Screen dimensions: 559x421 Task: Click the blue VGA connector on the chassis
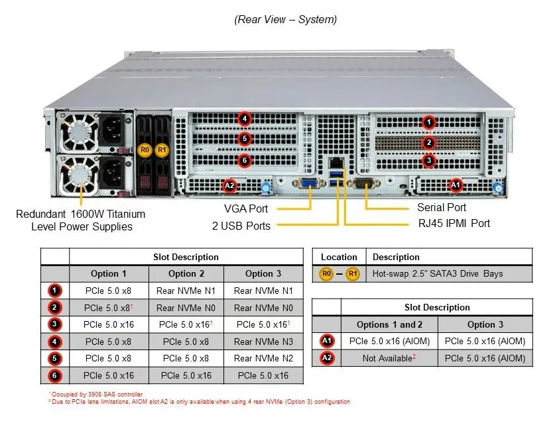(x=309, y=183)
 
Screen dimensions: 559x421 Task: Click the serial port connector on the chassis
(x=363, y=183)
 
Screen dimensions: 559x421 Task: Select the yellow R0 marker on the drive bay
(x=145, y=150)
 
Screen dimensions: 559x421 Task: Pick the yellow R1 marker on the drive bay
(x=162, y=150)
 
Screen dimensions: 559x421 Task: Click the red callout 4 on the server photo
(x=245, y=118)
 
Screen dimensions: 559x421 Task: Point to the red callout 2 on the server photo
(x=429, y=143)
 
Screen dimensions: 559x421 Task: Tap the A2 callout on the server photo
(x=229, y=185)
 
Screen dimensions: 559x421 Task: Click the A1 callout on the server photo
(x=456, y=185)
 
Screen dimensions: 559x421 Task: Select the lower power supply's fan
(x=78, y=174)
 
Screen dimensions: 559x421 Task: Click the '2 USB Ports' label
(x=241, y=226)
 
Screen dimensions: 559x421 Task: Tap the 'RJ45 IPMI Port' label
(x=454, y=224)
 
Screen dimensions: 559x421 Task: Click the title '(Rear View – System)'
(x=285, y=19)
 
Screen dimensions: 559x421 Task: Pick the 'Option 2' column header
(x=186, y=273)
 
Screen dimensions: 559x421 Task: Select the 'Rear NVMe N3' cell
(x=263, y=342)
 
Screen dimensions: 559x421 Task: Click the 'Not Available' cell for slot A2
(x=389, y=358)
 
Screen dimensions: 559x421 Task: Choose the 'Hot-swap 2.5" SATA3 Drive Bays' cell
(x=438, y=273)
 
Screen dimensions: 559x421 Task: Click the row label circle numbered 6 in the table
(x=54, y=375)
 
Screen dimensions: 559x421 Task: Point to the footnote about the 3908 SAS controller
(x=95, y=395)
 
